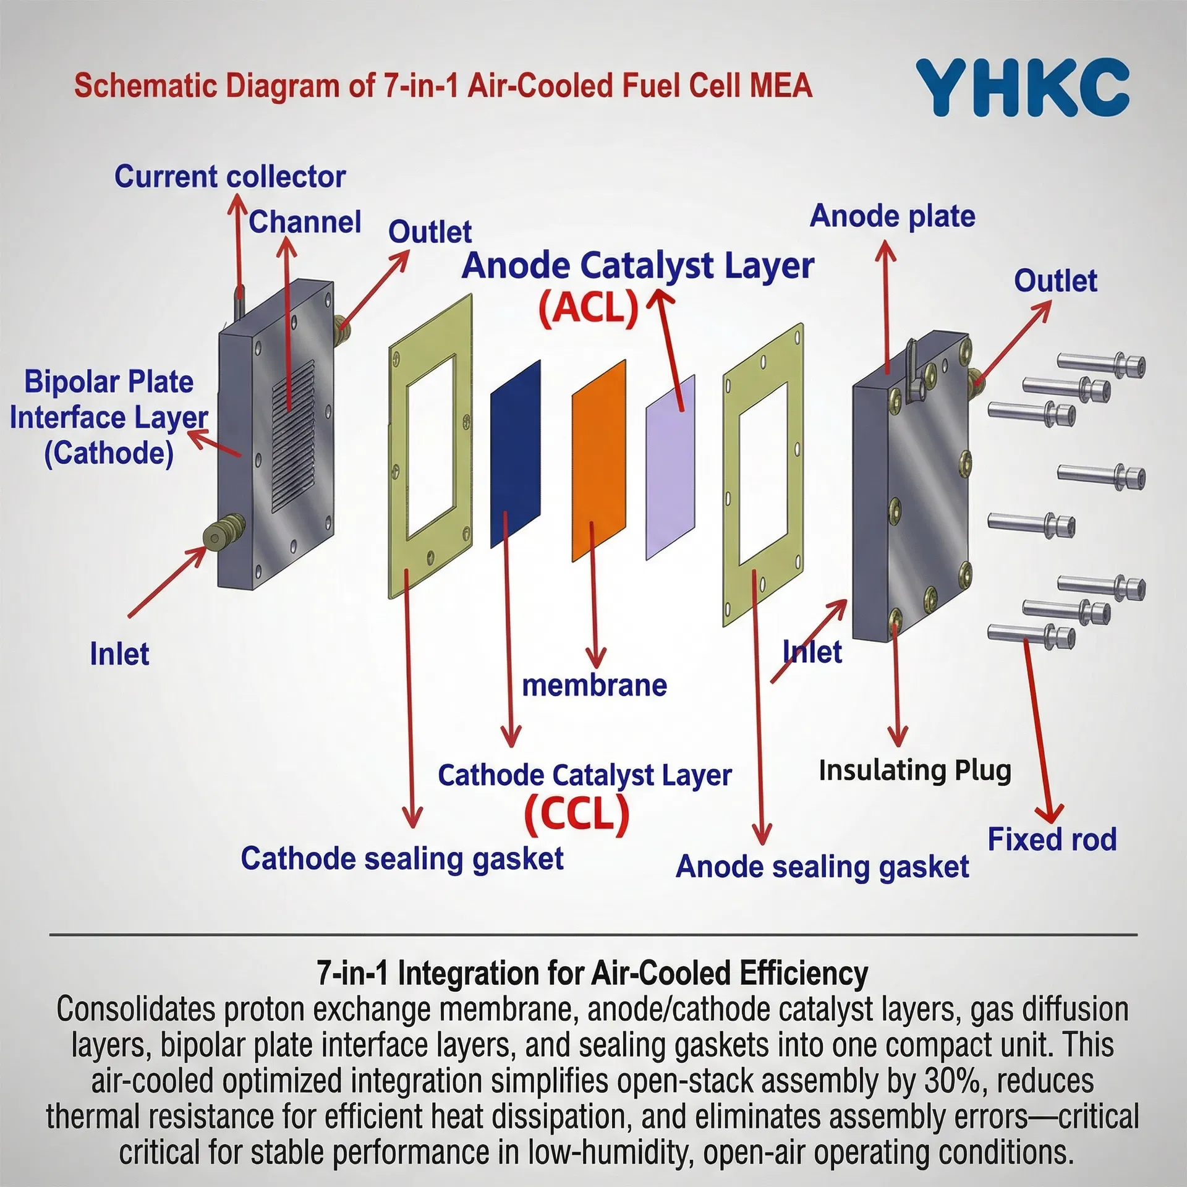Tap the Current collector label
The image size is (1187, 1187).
click(x=229, y=177)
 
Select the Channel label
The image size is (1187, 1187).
click(x=305, y=222)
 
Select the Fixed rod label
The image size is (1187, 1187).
click(x=1052, y=839)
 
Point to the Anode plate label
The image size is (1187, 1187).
click(x=892, y=216)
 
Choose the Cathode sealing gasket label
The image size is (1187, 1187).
click(x=402, y=859)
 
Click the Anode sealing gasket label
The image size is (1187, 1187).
click(x=822, y=867)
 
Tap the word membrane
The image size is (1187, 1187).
click(x=594, y=686)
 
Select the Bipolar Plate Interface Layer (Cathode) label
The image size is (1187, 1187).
click(x=109, y=417)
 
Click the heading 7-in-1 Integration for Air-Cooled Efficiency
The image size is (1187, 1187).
click(x=592, y=974)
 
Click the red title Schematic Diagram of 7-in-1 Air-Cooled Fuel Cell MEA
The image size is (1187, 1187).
click(x=443, y=85)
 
